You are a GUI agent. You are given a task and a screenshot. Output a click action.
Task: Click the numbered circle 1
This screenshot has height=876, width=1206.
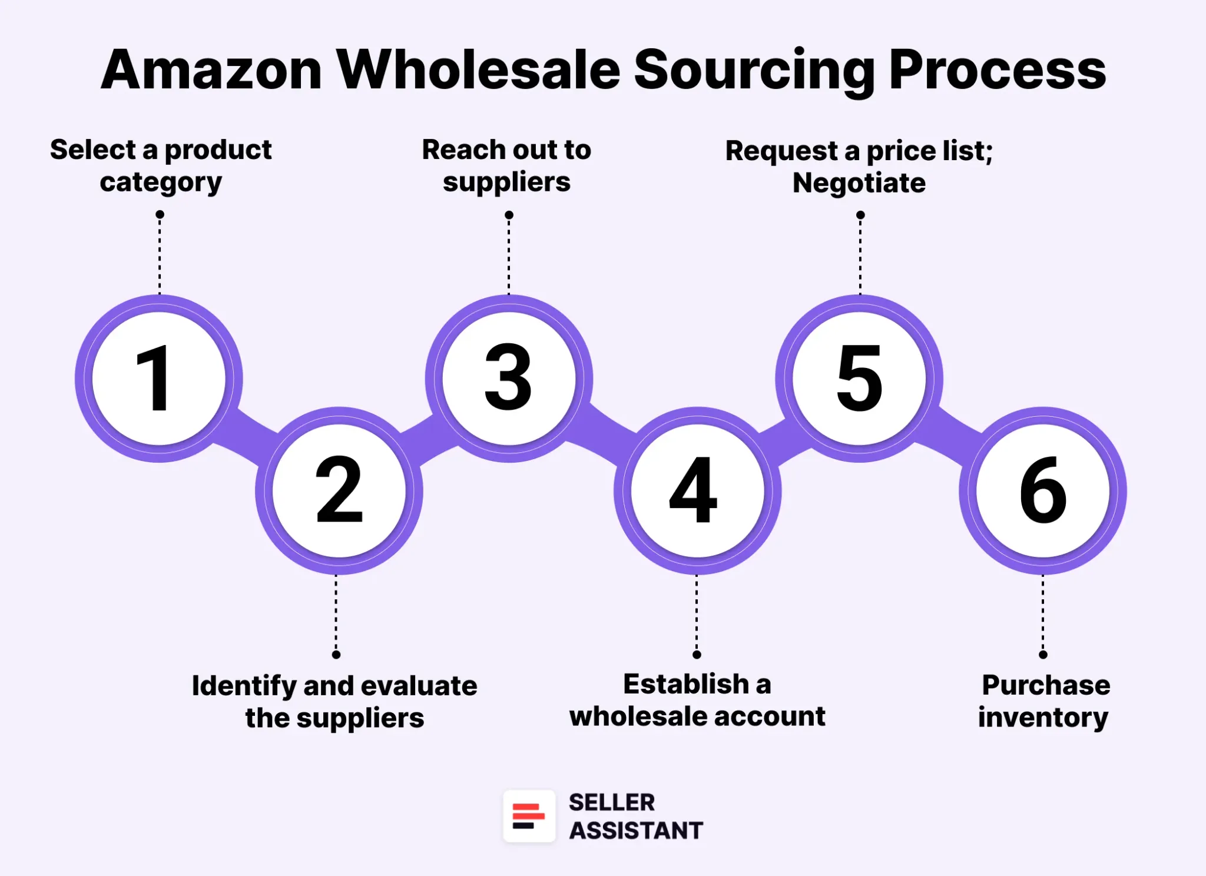[x=159, y=379]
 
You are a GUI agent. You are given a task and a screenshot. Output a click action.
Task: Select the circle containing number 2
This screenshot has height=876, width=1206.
[x=339, y=490]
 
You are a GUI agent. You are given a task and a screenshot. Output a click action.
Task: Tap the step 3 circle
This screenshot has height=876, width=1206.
[x=509, y=379]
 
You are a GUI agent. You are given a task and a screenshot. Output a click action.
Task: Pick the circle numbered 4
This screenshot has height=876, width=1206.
[x=697, y=490]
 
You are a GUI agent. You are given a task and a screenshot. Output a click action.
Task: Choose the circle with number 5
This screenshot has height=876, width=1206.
[x=859, y=379]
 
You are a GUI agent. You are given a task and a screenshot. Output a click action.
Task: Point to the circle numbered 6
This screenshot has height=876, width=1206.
[x=1042, y=490]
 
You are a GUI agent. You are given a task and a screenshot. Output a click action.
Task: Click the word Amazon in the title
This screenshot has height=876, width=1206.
[x=211, y=71]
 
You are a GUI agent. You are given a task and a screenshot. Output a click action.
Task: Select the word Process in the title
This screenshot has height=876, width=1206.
[x=997, y=71]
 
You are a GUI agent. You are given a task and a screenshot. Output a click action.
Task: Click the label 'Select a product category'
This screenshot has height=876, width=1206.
[x=161, y=166]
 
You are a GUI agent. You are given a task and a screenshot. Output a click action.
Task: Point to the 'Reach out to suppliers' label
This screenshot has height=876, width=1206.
[x=506, y=166]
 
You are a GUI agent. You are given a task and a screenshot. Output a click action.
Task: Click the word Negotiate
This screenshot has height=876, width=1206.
[x=859, y=183]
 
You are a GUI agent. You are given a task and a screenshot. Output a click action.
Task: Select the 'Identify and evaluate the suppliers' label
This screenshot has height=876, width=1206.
[x=334, y=702]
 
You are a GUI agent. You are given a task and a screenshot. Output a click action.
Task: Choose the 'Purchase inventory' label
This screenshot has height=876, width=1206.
[x=1044, y=701]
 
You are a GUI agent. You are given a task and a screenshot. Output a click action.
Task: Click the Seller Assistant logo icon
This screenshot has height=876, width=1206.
[x=529, y=816]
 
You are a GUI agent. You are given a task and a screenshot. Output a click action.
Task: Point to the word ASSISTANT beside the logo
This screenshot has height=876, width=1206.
[x=636, y=831]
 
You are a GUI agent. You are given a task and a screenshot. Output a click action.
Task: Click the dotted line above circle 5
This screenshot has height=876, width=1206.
[x=860, y=256]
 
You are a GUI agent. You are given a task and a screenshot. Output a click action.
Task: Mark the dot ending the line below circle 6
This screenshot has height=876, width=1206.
[x=1043, y=655]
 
